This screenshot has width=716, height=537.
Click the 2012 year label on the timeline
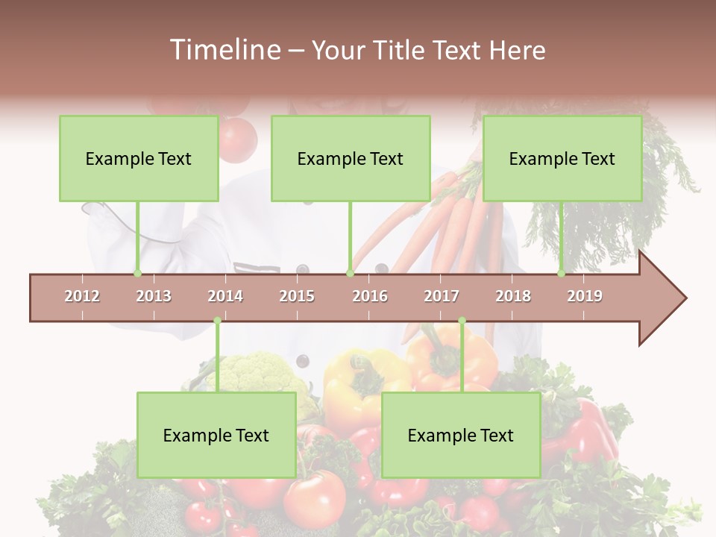pyautogui.click(x=82, y=296)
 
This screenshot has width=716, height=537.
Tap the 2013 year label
pyautogui.click(x=154, y=296)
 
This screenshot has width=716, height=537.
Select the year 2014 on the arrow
pyautogui.click(x=225, y=296)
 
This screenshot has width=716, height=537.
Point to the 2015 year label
pyautogui.click(x=297, y=296)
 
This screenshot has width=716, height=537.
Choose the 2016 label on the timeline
pyautogui.click(x=370, y=296)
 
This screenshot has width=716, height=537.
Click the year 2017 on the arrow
pyautogui.click(x=442, y=296)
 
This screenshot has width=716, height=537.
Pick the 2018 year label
pyautogui.click(x=513, y=296)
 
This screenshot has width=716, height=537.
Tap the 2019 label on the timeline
pyautogui.click(x=585, y=296)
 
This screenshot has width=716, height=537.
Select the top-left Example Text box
pyautogui.click(x=139, y=159)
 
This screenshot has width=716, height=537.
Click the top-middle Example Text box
pyautogui.click(x=351, y=159)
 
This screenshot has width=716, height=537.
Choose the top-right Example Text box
pyautogui.click(x=562, y=159)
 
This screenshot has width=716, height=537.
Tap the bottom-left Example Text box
pyautogui.click(x=216, y=436)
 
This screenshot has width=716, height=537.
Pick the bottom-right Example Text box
pyautogui.click(x=461, y=436)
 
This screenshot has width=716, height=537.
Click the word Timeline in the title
pyautogui.click(x=224, y=50)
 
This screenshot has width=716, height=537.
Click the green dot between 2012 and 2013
pyautogui.click(x=137, y=274)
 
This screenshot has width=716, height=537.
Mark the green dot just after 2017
pyautogui.click(x=462, y=321)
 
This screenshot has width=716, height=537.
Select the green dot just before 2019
pyautogui.click(x=562, y=274)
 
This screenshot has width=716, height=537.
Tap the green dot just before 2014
pyautogui.click(x=217, y=321)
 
